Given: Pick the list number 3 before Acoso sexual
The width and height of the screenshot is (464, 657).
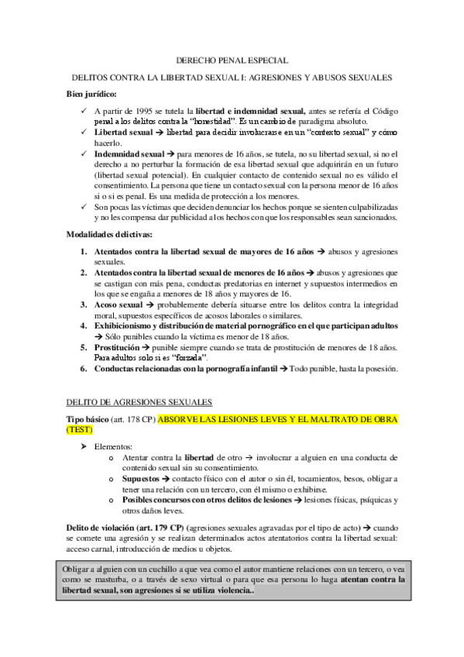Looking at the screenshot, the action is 84,306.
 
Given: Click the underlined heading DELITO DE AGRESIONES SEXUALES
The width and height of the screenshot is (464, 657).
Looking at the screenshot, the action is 133,402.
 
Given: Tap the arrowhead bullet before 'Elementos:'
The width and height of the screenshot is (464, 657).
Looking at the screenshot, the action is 85,448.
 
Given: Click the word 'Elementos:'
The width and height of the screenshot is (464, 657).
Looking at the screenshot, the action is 113,448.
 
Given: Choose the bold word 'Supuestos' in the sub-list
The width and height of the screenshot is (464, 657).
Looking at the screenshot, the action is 142,480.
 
